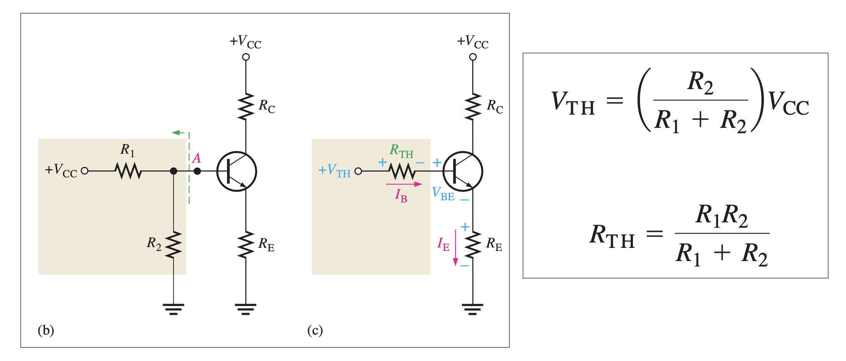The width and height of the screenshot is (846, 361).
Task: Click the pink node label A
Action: (x=196, y=158)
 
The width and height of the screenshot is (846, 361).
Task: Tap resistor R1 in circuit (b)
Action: (x=128, y=171)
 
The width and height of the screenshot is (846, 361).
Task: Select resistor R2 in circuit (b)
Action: (x=174, y=245)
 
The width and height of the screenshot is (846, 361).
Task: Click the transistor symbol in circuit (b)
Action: (x=237, y=171)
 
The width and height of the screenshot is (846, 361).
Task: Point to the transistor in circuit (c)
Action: (x=463, y=171)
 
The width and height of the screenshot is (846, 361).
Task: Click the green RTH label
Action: (x=401, y=150)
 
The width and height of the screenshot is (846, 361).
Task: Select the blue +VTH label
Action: (x=334, y=170)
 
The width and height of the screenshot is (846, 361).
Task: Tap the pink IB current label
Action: (x=401, y=195)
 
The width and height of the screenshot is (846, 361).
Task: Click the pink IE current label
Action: (x=443, y=244)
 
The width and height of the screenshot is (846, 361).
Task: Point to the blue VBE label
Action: (x=443, y=193)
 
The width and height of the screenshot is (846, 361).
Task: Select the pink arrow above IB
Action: (x=404, y=184)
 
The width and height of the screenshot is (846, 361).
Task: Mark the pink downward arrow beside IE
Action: (x=456, y=248)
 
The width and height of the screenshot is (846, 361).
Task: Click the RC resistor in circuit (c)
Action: (x=473, y=106)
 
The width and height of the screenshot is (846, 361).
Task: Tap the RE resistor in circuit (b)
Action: (x=246, y=245)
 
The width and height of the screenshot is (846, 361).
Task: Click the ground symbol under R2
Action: (x=174, y=309)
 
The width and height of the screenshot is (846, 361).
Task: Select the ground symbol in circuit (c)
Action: (x=473, y=309)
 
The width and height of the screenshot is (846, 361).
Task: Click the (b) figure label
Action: (x=46, y=330)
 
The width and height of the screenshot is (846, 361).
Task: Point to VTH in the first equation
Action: (x=573, y=103)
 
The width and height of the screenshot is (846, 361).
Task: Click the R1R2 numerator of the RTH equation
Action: (x=722, y=215)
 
